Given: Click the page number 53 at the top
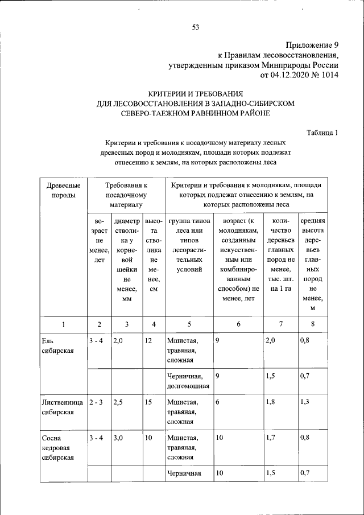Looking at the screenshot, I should tap(196, 27).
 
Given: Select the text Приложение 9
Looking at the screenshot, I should tap(312, 44).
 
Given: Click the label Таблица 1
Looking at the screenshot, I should tap(322, 133).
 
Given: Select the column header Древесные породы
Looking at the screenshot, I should tap(62, 190).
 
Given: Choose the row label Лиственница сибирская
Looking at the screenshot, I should tap(63, 407).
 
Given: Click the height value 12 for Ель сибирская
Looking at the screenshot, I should tap(148, 341).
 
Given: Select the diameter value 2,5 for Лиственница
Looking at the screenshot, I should tap(118, 402).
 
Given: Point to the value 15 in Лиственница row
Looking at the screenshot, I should tap(148, 402).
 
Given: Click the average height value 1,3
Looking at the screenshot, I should tap(305, 402).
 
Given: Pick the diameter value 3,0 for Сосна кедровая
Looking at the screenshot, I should tap(118, 438).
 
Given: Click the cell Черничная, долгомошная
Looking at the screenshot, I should tap(188, 381).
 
